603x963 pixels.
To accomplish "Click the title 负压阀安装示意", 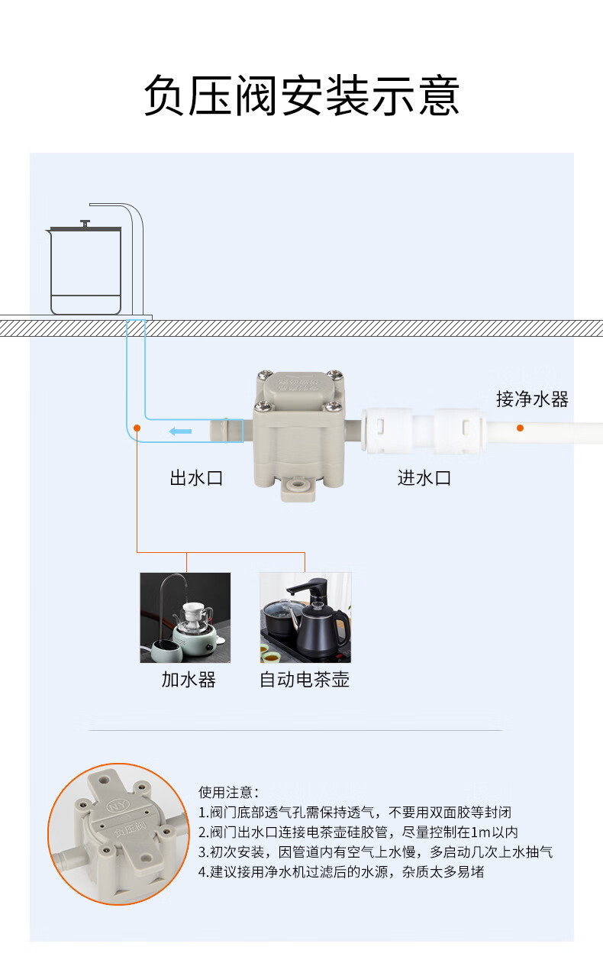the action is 301,97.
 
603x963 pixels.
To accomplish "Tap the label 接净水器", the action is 531,399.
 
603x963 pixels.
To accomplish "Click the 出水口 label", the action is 196,479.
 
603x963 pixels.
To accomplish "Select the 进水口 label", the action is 424,479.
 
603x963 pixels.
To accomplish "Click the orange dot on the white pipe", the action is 520,428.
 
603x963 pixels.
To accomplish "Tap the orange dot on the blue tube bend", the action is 137,428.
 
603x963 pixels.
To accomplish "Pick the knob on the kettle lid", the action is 85,223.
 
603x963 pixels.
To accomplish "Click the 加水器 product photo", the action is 185,618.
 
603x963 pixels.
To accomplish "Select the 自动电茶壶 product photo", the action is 305,618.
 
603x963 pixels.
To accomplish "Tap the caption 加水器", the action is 189,680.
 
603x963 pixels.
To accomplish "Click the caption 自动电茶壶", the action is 305,680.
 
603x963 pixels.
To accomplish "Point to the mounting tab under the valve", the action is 298,486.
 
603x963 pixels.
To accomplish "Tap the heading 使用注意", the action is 228,793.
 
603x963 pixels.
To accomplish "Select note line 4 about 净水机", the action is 341,872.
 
